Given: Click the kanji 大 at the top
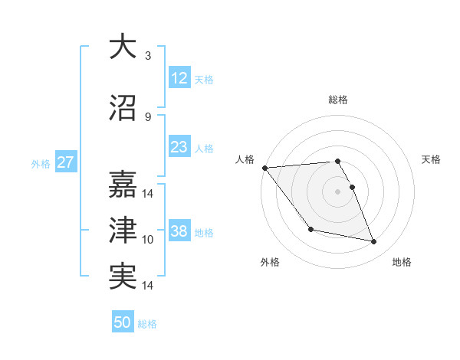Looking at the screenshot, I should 123,47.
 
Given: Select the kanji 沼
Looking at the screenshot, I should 123,108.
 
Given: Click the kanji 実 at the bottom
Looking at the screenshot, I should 123,277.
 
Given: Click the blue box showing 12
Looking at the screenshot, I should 179,78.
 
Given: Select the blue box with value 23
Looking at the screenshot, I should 179,147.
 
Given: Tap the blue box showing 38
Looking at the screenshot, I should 179,231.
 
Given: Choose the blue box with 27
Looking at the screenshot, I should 65,162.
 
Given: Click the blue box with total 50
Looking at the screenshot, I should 123,322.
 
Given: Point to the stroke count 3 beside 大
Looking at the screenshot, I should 148,56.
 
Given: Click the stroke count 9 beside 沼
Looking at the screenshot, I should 148,117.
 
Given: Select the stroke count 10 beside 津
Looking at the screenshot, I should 148,240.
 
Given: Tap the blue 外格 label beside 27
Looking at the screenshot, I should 41,163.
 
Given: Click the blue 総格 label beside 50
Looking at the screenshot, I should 147,324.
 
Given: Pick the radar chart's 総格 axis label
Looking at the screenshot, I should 338,100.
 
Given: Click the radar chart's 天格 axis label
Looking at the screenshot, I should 432,159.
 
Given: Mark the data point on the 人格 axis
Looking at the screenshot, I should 264,168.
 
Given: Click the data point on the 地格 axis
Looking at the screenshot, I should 374,242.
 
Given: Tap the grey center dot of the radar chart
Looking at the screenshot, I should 338,191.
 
